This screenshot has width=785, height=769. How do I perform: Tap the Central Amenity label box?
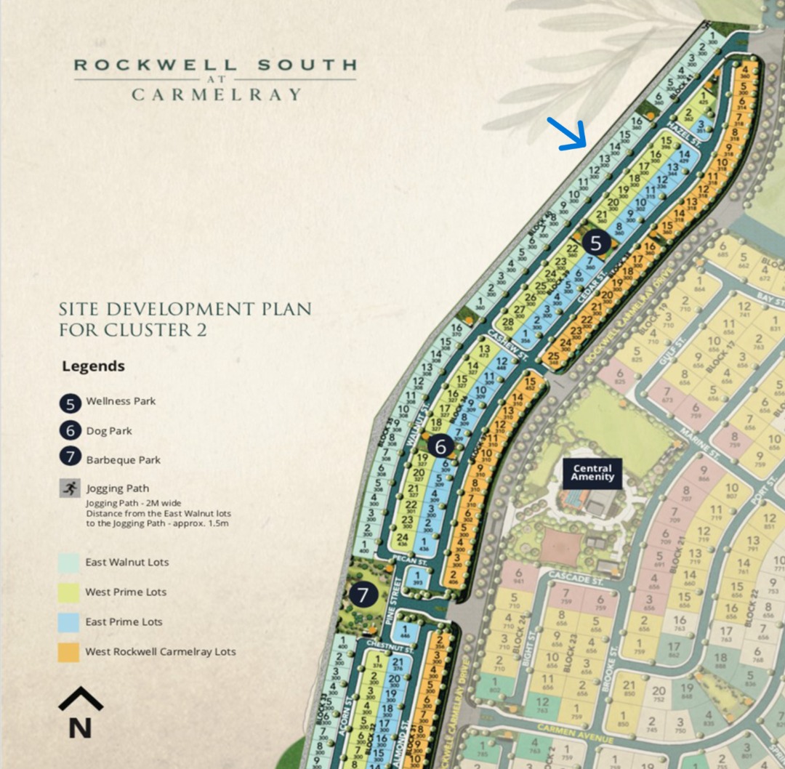pyautogui.click(x=592, y=473)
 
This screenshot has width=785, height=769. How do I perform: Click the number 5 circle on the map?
pyautogui.click(x=596, y=243)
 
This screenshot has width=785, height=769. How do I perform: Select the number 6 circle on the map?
pyautogui.click(x=441, y=446)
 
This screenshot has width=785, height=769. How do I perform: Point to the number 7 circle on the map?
pyautogui.click(x=363, y=595)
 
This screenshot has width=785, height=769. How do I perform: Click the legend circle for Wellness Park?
pyautogui.click(x=71, y=401)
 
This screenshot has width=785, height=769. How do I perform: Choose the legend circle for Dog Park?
pyautogui.click(x=71, y=430)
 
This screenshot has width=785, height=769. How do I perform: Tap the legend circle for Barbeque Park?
pyautogui.click(x=71, y=459)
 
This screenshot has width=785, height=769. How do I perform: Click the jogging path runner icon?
pyautogui.click(x=71, y=488)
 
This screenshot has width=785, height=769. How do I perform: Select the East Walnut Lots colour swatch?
pyautogui.click(x=69, y=562)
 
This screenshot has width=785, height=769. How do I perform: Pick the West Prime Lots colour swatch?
pyautogui.click(x=69, y=592)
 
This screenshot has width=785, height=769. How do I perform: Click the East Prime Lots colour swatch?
pyautogui.click(x=69, y=621)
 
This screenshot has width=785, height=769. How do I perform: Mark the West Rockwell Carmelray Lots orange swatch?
pyautogui.click(x=69, y=651)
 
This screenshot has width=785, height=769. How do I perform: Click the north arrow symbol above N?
pyautogui.click(x=80, y=698)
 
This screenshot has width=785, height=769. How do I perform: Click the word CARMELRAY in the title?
pyautogui.click(x=216, y=94)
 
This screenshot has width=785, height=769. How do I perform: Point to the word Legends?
pyautogui.click(x=93, y=366)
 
